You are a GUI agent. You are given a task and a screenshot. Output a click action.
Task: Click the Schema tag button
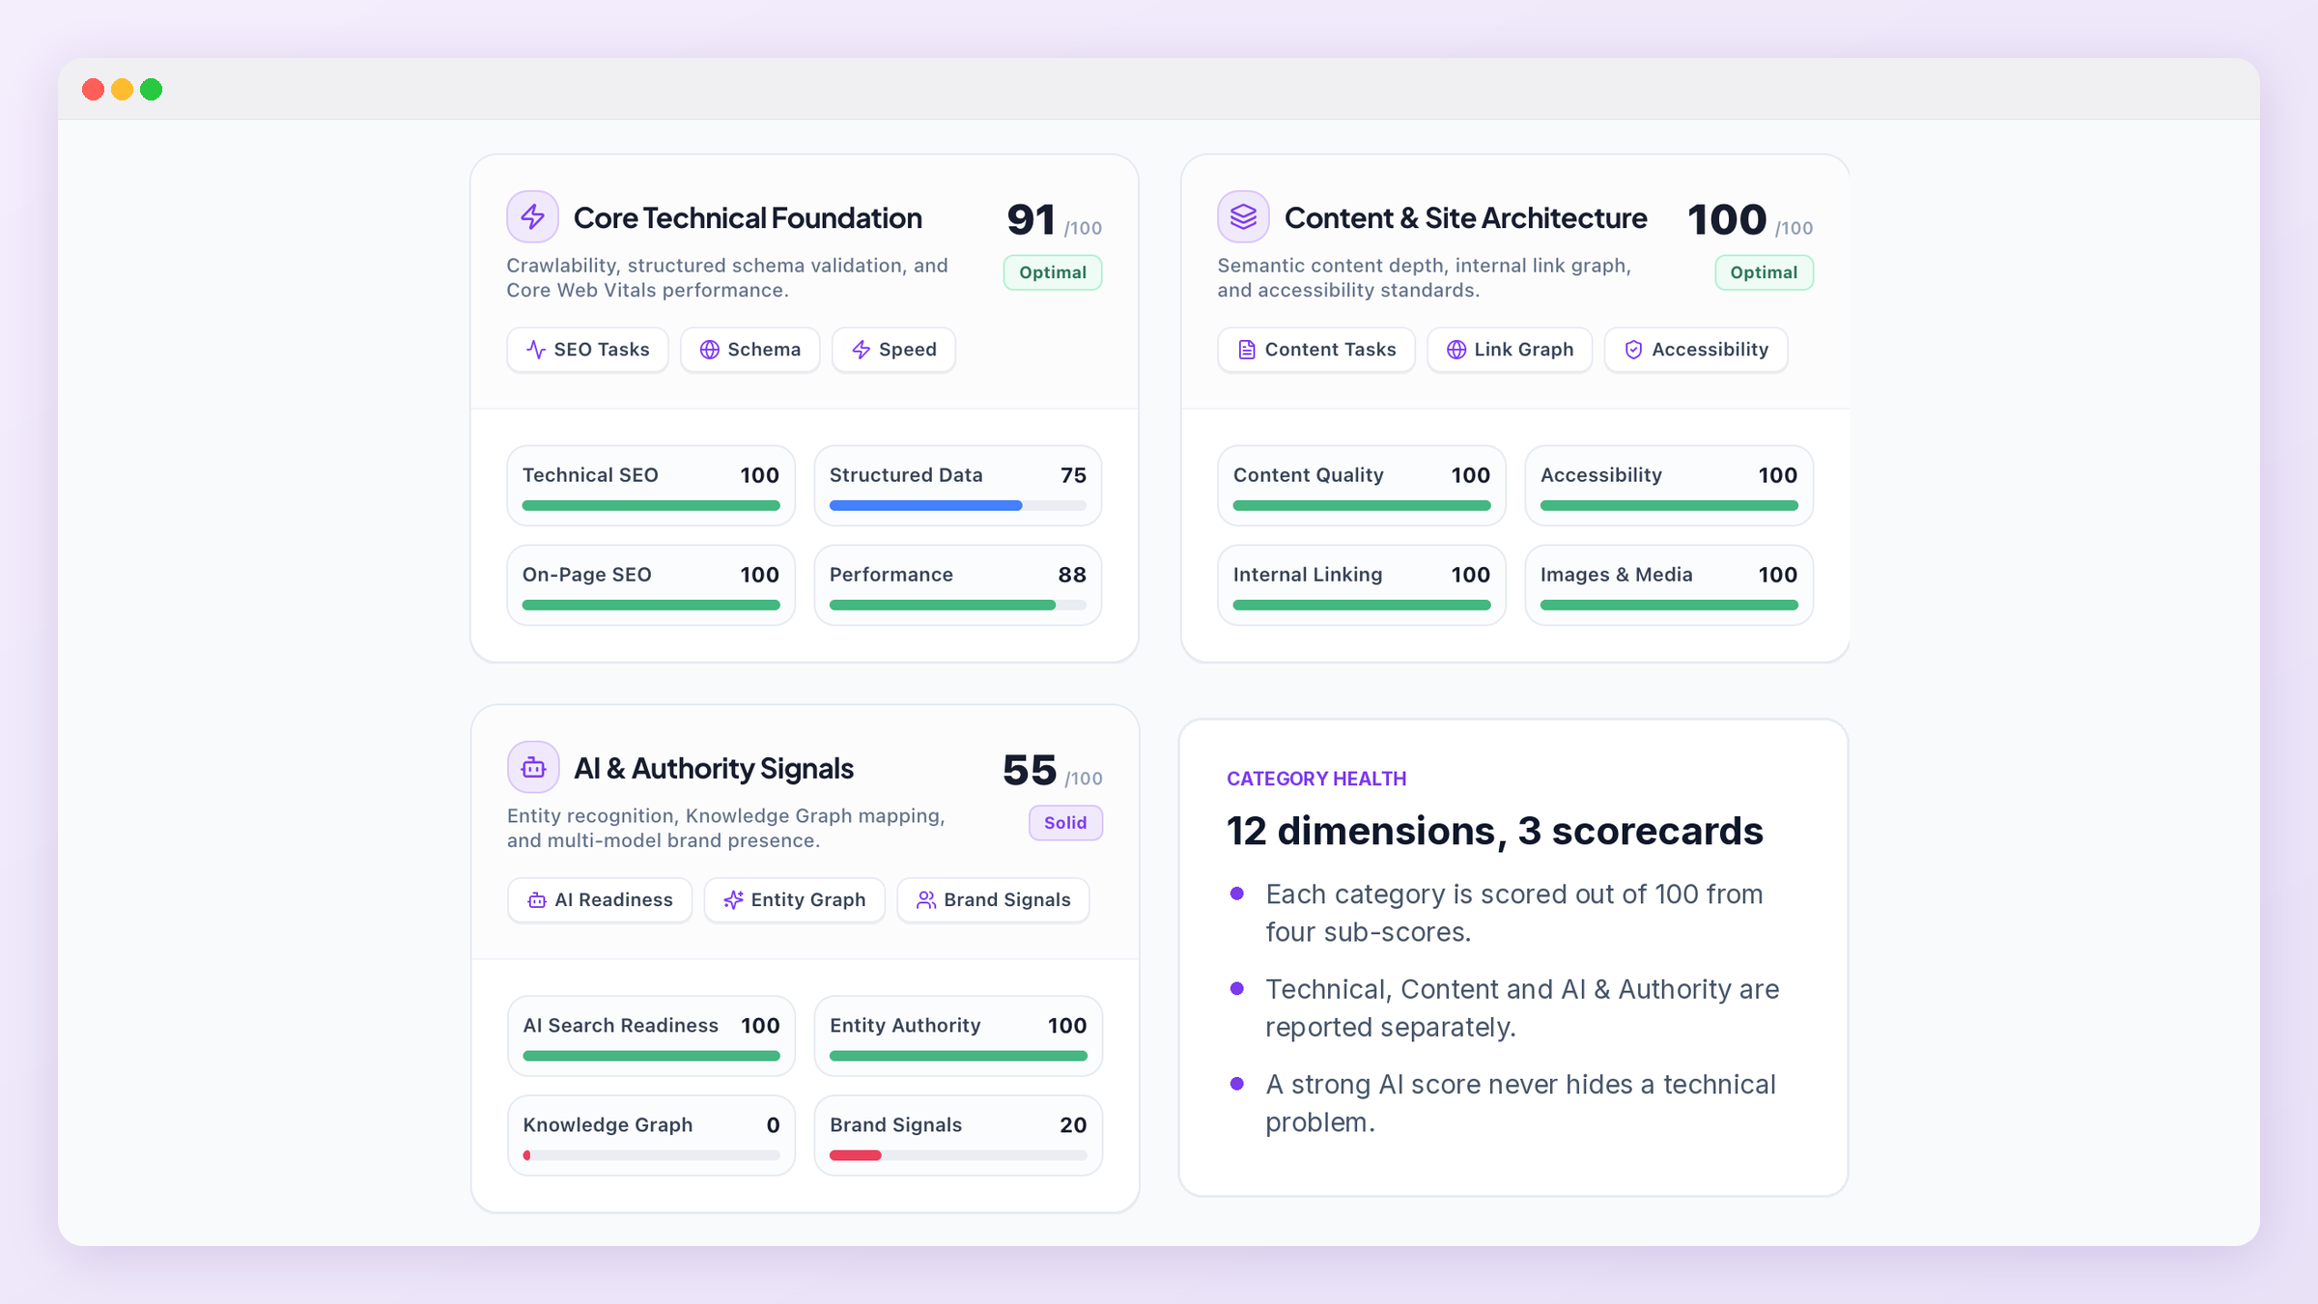(749, 350)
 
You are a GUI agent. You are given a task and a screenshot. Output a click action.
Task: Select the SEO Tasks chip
(587, 350)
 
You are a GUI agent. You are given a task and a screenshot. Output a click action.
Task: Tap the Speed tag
(893, 350)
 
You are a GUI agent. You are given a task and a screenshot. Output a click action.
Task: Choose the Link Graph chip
(1510, 350)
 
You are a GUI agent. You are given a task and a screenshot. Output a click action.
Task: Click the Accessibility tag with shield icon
(1696, 350)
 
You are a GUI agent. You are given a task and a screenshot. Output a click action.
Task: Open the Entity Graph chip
(794, 900)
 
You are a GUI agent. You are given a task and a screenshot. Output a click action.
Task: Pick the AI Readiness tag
(600, 900)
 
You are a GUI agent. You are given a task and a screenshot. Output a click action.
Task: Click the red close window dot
(94, 90)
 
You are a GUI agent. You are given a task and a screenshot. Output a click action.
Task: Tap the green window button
(152, 90)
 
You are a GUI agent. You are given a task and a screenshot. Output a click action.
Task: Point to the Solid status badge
(1065, 823)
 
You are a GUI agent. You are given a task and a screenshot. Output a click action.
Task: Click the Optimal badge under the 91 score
(1053, 272)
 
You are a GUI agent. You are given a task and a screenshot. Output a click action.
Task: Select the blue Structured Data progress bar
(925, 505)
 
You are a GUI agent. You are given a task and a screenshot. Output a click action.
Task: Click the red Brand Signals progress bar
(856, 1155)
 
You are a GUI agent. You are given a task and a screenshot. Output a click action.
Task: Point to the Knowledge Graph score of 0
(773, 1125)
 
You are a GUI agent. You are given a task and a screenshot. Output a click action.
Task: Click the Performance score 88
(1072, 575)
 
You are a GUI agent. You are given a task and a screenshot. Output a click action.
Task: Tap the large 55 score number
(1030, 770)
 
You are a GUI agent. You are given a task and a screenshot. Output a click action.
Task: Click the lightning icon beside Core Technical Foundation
(533, 216)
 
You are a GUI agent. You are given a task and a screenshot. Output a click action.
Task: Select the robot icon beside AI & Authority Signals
(533, 767)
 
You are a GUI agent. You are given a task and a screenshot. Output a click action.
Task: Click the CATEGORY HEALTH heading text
(1316, 779)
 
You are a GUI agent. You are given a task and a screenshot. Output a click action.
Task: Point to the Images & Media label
(1617, 575)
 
